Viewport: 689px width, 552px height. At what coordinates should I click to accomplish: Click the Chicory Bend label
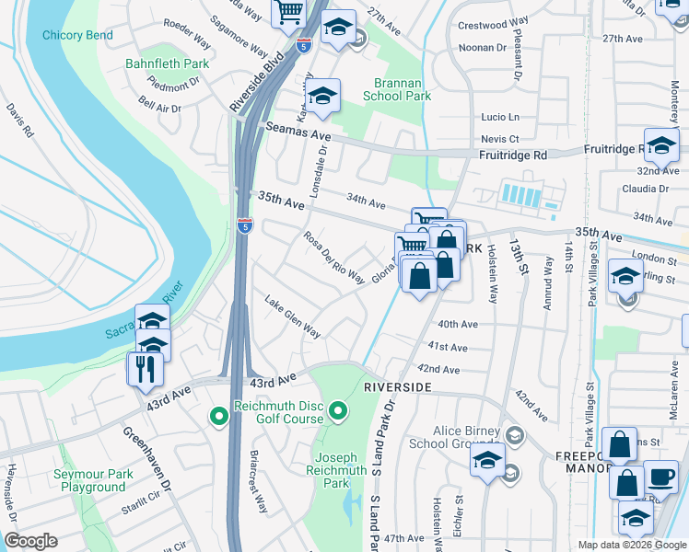[x=77, y=35]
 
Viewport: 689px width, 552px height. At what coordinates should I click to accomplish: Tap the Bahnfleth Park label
[x=168, y=64]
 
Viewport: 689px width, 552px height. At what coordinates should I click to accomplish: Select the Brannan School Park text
[x=396, y=89]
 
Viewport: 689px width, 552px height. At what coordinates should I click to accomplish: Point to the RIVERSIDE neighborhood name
[x=398, y=388]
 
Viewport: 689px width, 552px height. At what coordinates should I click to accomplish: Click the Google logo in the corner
[x=30, y=541]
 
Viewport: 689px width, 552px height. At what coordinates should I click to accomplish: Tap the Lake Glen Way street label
[x=292, y=316]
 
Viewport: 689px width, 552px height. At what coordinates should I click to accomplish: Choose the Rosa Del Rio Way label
[x=334, y=258]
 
